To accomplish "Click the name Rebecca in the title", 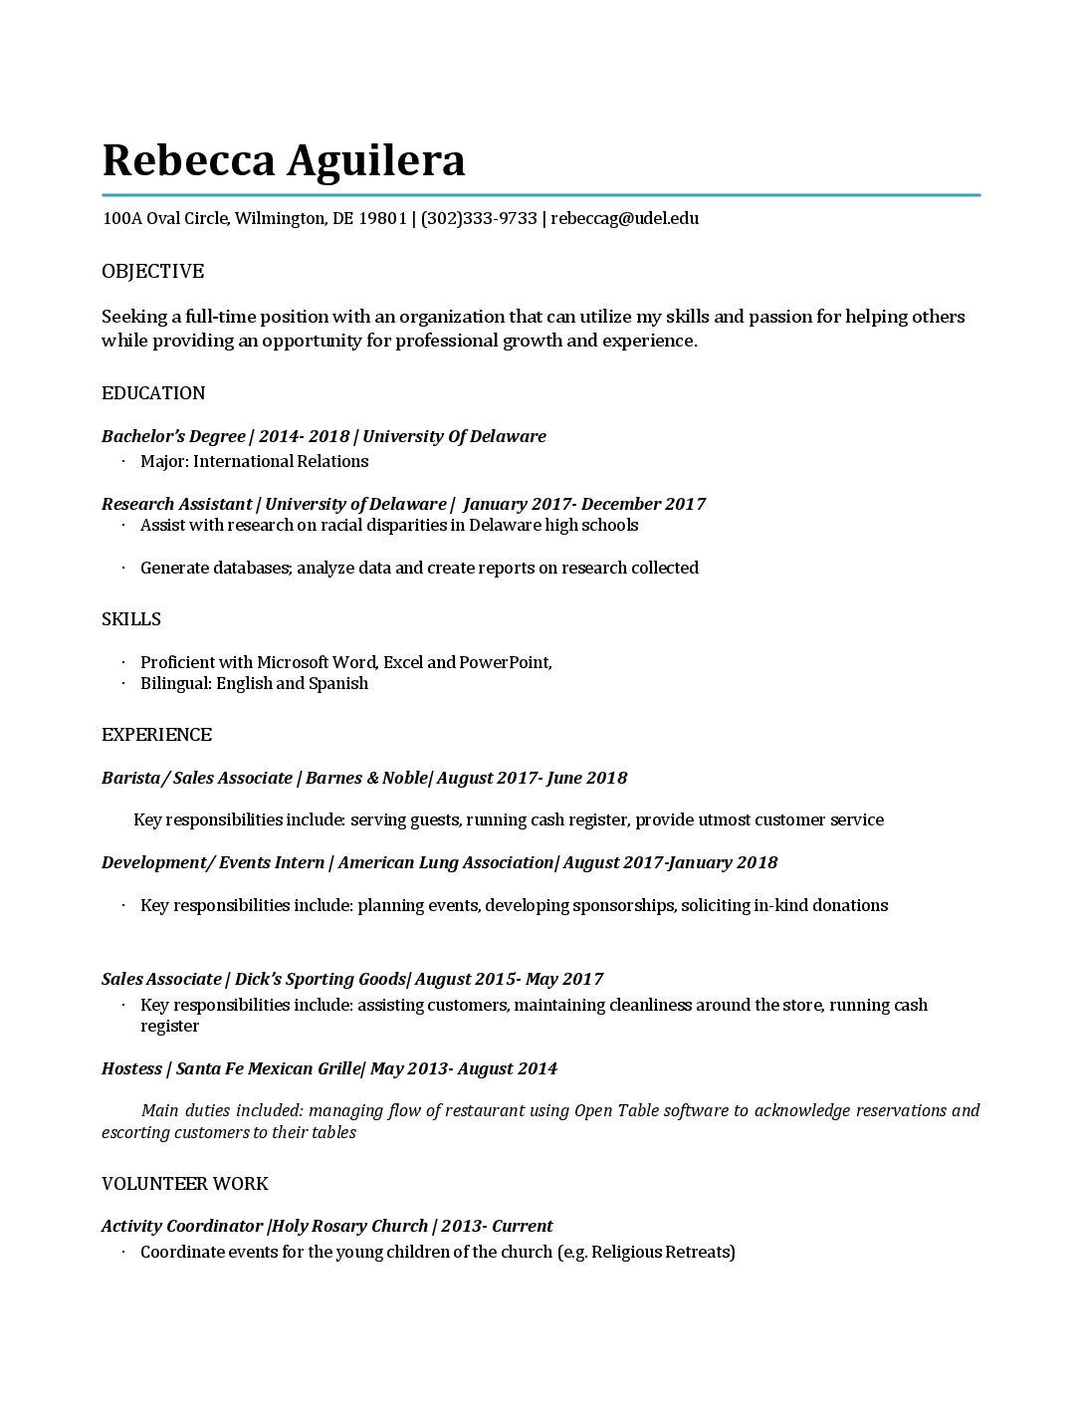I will pyautogui.click(x=187, y=159).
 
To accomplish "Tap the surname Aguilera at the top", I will pyautogui.click(x=376, y=161).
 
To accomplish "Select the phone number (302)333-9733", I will pyautogui.click(x=479, y=218).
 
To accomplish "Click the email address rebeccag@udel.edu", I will pyautogui.click(x=624, y=218).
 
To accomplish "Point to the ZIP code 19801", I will pyautogui.click(x=382, y=218).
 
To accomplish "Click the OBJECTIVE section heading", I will pyautogui.click(x=152, y=272).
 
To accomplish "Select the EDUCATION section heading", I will pyautogui.click(x=153, y=393).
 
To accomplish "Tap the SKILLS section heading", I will pyautogui.click(x=131, y=619).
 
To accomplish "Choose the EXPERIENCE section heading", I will pyautogui.click(x=156, y=735).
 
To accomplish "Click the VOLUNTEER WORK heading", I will pyautogui.click(x=185, y=1184).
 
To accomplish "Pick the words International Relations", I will pyautogui.click(x=281, y=461).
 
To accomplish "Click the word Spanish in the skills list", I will pyautogui.click(x=338, y=683).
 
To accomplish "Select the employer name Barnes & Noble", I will pyautogui.click(x=366, y=778).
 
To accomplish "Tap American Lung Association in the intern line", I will pyautogui.click(x=445, y=862).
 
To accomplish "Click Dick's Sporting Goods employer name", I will pyautogui.click(x=320, y=979).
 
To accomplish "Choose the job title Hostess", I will pyautogui.click(x=131, y=1068).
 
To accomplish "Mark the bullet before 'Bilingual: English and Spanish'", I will pyautogui.click(x=123, y=683).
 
